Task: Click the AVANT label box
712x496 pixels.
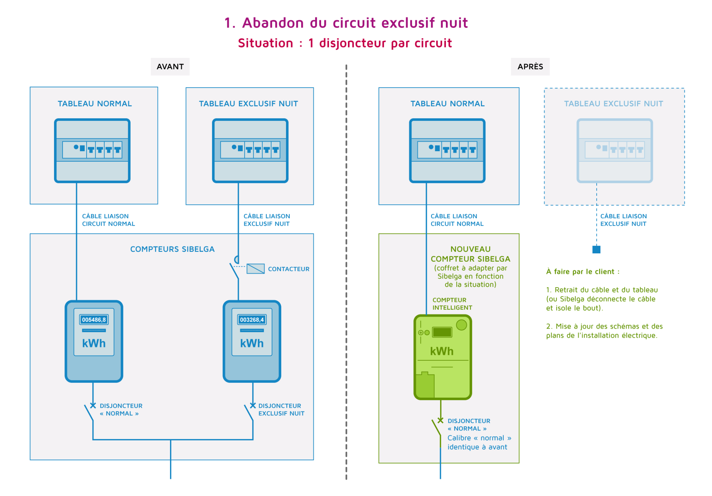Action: pyautogui.click(x=170, y=67)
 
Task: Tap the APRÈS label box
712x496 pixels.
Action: pyautogui.click(x=530, y=67)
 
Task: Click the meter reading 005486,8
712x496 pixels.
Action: pyautogui.click(x=94, y=320)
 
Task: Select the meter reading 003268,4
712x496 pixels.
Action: pyautogui.click(x=252, y=320)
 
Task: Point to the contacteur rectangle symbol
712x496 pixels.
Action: pyautogui.click(x=255, y=269)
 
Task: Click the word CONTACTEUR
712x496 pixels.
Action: pyautogui.click(x=288, y=269)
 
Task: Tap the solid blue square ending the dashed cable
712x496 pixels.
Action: pyautogui.click(x=596, y=249)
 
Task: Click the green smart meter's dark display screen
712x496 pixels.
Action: pyautogui.click(x=442, y=332)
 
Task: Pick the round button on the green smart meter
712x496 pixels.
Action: pyautogui.click(x=461, y=325)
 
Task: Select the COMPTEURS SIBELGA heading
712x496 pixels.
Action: pyautogui.click(x=172, y=249)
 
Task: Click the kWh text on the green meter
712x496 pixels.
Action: pyautogui.click(x=442, y=351)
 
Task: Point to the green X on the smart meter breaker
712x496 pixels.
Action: pyautogui.click(x=440, y=420)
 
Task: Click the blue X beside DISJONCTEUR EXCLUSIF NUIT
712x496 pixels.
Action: pyautogui.click(x=253, y=405)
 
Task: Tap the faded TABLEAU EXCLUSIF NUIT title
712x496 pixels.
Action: pyautogui.click(x=614, y=104)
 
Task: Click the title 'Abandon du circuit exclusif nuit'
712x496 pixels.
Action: pyautogui.click(x=355, y=23)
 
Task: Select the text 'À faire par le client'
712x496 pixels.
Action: pyautogui.click(x=580, y=271)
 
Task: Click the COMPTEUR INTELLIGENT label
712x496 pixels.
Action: pyautogui.click(x=452, y=304)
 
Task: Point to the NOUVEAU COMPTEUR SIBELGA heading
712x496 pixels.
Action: pyautogui.click(x=471, y=254)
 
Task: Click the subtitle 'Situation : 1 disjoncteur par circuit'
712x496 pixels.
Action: pyautogui.click(x=345, y=43)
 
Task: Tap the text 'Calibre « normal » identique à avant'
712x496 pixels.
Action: pyautogui.click(x=479, y=443)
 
